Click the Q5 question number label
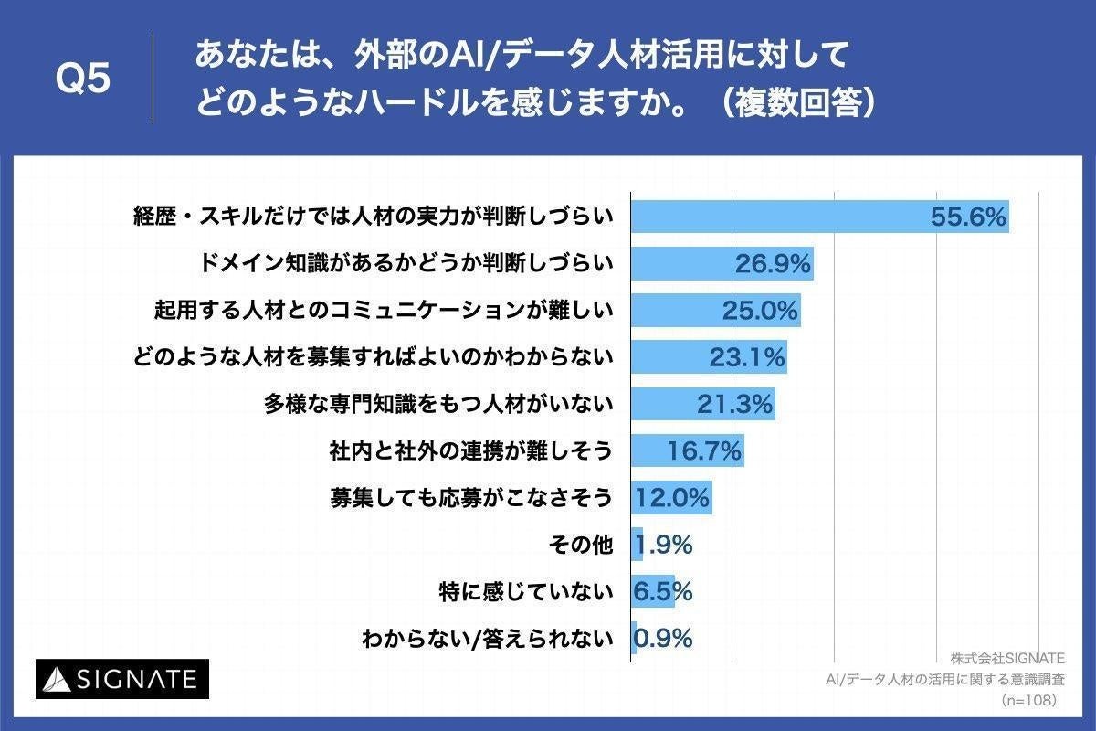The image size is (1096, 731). [x=83, y=79]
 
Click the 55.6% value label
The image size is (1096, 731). [x=968, y=217]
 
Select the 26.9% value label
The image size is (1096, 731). [x=773, y=264]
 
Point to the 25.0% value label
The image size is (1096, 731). [x=760, y=311]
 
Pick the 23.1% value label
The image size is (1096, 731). [x=747, y=357]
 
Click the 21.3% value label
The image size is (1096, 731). [x=734, y=404]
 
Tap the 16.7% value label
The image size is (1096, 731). [x=703, y=450]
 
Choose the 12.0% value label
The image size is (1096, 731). [x=672, y=498]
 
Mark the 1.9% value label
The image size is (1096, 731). [x=663, y=545]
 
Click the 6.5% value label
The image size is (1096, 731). [x=663, y=591]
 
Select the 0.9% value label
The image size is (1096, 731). [x=663, y=638]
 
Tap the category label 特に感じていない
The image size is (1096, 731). [x=524, y=592]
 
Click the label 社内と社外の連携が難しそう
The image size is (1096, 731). [x=469, y=451]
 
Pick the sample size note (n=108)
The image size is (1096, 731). [x=1027, y=700]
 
